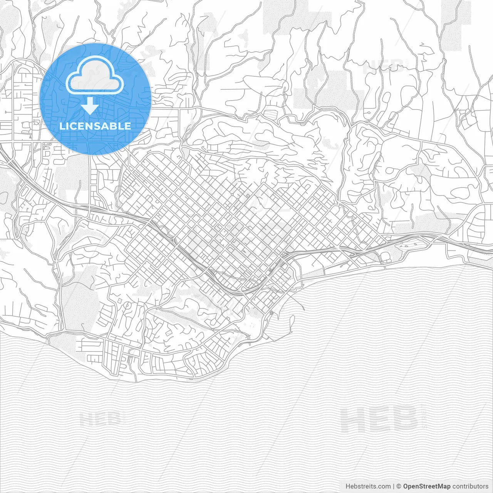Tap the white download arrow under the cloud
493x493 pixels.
[90, 106]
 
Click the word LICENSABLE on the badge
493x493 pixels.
[95, 126]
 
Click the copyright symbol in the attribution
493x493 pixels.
[399, 486]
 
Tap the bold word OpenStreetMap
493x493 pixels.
[427, 486]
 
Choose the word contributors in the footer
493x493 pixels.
[470, 486]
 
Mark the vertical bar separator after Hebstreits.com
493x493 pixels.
[393, 486]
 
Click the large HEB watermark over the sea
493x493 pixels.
[379, 419]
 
